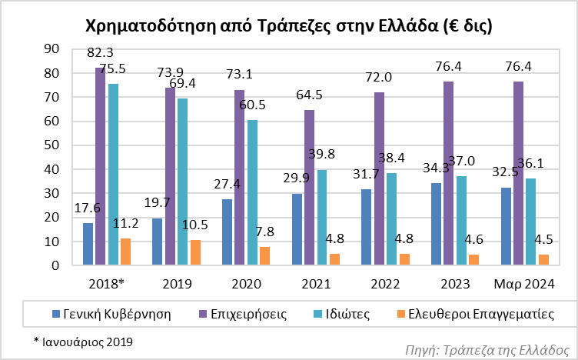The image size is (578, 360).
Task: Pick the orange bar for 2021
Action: tap(335, 259)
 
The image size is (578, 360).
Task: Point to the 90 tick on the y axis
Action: tap(53, 48)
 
